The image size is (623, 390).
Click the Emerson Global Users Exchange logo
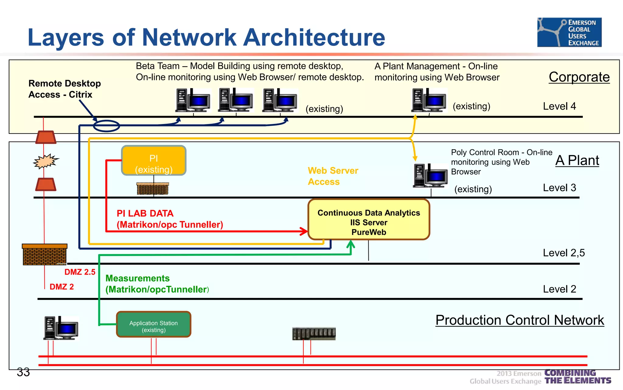pos(569,32)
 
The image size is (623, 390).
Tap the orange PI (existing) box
pos(154,161)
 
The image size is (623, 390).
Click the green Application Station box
pos(154,324)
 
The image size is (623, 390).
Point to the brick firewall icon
pos(44,255)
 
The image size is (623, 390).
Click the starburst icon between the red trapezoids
pos(45,161)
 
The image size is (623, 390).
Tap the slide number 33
pos(23,372)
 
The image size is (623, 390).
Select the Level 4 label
pos(559,106)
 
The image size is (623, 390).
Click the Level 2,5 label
pos(564,253)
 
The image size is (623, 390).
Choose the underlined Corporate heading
pos(579,77)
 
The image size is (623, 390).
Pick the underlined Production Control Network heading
pos(520,320)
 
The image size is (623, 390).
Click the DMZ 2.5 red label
pos(80,272)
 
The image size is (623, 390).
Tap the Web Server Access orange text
pos(333,176)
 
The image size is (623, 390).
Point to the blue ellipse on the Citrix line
pos(106,126)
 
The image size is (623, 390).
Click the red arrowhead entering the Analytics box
pos(304,231)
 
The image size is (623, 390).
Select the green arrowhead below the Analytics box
pos(351,244)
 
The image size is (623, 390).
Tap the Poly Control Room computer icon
pos(430,175)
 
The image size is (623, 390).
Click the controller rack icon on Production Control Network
pos(314,334)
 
